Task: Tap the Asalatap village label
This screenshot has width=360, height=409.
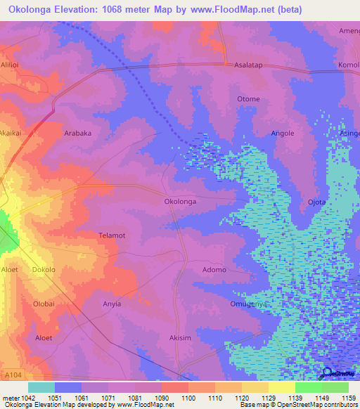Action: [249, 63]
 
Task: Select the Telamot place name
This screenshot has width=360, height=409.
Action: [112, 235]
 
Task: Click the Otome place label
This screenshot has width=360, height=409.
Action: [248, 99]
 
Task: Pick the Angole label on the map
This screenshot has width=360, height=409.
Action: [283, 133]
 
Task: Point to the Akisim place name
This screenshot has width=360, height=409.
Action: [181, 338]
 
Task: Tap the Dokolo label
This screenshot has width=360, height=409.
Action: [44, 270]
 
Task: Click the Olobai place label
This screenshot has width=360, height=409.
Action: [44, 304]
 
